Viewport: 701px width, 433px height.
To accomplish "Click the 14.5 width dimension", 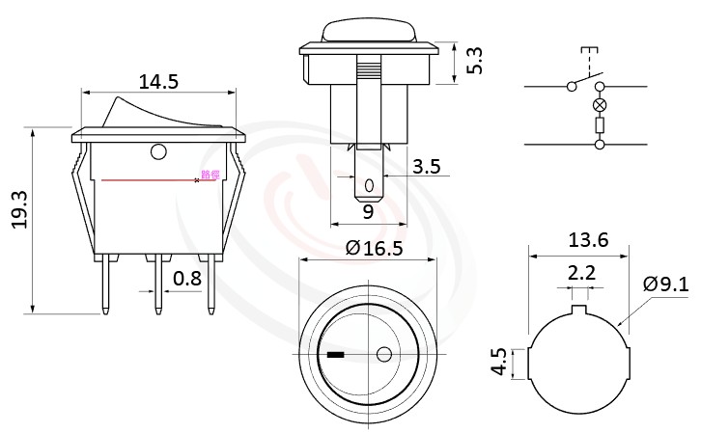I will coord(158,82).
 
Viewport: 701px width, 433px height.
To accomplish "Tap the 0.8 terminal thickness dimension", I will coord(187,280).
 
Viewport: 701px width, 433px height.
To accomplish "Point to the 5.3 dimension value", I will coord(475,61).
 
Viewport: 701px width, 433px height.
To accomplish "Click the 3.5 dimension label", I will coord(426,167).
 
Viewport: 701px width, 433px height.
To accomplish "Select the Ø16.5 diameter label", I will coord(373,249).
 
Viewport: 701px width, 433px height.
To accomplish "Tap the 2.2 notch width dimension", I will coord(581,274).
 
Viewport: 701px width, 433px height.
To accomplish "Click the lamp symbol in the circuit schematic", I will coord(600,105).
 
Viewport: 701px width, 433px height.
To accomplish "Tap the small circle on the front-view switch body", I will coord(158,151).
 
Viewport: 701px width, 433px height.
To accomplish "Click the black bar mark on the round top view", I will coord(336,355).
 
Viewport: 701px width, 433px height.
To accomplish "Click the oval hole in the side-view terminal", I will coord(368,184).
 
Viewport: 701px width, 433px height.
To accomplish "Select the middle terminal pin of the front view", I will coord(156,286).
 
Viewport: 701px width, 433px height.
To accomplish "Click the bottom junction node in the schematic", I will coord(600,145).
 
